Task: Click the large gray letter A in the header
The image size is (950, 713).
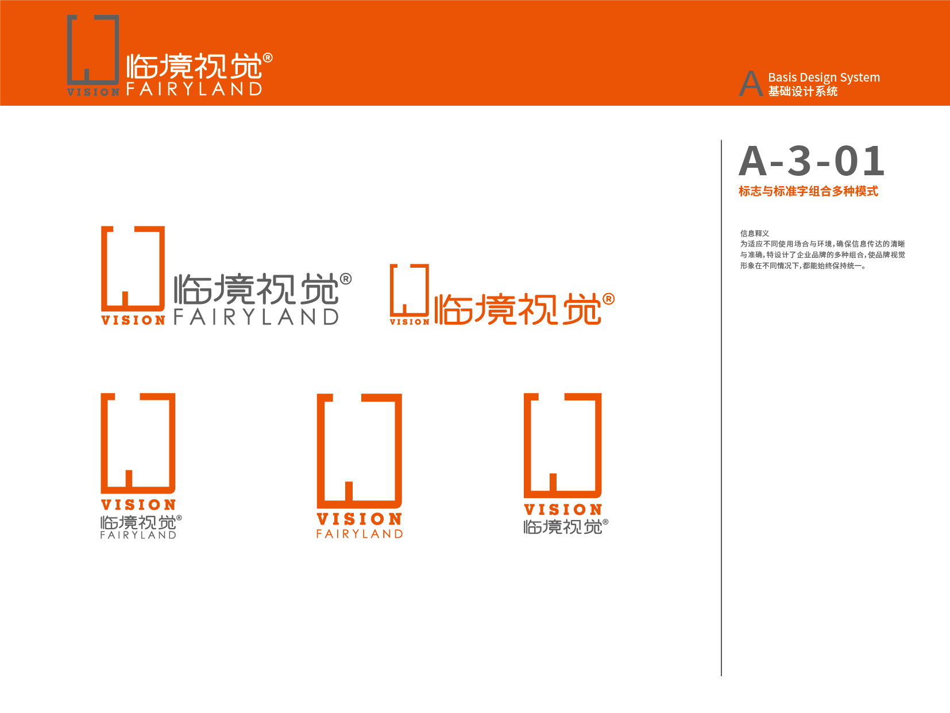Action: tap(751, 83)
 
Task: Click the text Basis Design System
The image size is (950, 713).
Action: tap(824, 78)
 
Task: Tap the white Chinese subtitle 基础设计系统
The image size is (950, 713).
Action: tap(803, 91)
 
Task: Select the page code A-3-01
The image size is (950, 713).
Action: tap(811, 161)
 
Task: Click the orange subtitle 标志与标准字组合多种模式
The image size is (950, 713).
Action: tap(808, 191)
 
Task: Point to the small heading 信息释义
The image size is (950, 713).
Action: tap(754, 233)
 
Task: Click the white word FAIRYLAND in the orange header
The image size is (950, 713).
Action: tap(194, 88)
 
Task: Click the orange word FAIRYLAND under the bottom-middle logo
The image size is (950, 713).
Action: tap(360, 534)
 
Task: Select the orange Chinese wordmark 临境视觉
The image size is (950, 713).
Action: tap(518, 309)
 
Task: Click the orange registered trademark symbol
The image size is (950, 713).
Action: tap(608, 299)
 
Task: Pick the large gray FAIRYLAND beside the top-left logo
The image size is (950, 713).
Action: tap(256, 317)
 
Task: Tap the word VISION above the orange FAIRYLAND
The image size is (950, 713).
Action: tap(360, 519)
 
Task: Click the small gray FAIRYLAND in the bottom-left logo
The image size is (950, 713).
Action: tap(138, 535)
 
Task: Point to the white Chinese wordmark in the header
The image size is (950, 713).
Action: tap(194, 66)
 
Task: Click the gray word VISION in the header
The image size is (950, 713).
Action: tap(94, 92)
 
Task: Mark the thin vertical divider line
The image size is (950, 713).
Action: tap(721, 408)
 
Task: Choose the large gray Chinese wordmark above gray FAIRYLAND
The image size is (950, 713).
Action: tap(256, 289)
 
